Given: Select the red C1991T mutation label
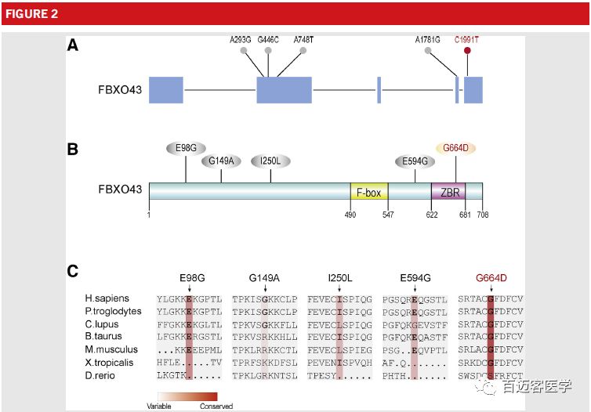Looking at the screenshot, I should coord(468,38).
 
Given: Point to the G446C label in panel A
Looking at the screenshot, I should coord(269,38).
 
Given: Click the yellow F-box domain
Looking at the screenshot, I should coord(368,193).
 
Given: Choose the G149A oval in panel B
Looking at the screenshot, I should coord(221,161).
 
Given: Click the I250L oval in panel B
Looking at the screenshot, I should coord(270,161).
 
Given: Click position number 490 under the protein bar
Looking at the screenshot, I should coord(350,214).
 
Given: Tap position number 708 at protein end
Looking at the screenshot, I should coord(482,214).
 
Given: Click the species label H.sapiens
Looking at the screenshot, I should coord(107,298).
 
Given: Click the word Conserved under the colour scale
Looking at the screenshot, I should coord(216,407).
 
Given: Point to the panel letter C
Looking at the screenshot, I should coord(72,271).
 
